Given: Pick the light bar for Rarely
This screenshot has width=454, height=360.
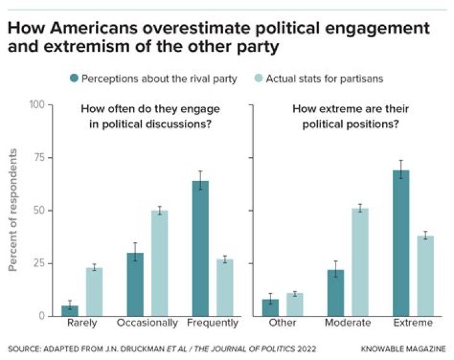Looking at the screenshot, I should click(95, 291).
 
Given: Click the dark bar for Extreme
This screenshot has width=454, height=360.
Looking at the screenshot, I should click(401, 243).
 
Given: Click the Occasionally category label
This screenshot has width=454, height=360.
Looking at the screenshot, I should click(148, 323).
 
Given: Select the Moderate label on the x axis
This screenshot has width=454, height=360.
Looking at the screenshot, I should click(348, 323).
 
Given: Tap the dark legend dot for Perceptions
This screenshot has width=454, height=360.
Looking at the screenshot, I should click(75, 79).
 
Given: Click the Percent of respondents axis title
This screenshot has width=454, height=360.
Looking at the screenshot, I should click(13, 211).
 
